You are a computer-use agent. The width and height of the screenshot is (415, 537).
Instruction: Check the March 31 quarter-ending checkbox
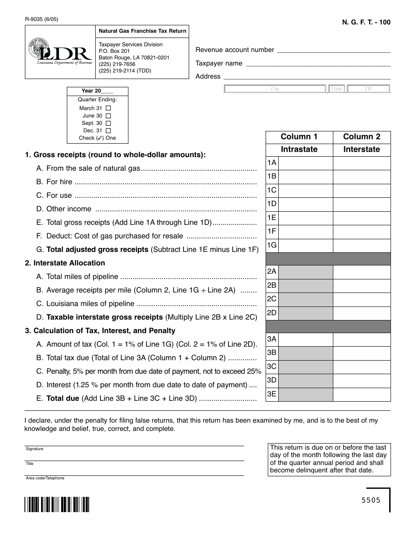(x=108, y=108)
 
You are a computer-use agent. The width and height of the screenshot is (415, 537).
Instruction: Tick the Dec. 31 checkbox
(x=108, y=131)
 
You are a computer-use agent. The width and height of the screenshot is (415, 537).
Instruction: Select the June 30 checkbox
(x=108, y=116)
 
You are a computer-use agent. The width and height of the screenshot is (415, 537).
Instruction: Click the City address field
(x=275, y=89)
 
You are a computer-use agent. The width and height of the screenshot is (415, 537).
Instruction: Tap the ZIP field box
(x=368, y=89)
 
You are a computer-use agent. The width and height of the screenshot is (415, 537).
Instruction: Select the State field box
(x=337, y=89)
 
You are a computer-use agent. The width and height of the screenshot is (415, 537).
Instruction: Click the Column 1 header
(x=299, y=137)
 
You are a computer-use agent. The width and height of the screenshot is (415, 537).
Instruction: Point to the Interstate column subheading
(x=362, y=149)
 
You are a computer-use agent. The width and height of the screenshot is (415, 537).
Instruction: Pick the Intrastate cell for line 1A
(x=305, y=163)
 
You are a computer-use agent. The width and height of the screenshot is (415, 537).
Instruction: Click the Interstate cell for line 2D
(x=362, y=313)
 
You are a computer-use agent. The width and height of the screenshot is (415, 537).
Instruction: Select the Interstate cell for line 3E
(x=362, y=394)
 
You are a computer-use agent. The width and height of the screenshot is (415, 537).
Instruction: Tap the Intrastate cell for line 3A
(x=305, y=340)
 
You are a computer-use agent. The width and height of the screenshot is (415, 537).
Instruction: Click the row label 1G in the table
(x=272, y=245)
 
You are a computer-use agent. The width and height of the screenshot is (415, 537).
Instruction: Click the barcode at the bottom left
(x=57, y=504)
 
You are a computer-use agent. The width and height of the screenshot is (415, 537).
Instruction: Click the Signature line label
(x=35, y=449)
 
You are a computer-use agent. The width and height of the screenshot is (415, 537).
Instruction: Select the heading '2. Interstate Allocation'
(x=65, y=263)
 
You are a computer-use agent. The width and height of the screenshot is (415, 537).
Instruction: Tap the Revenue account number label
(x=235, y=50)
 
